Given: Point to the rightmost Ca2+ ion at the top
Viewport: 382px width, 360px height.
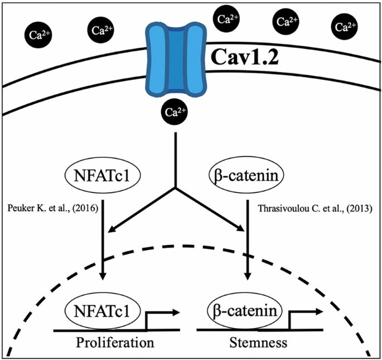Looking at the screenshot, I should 345,27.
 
